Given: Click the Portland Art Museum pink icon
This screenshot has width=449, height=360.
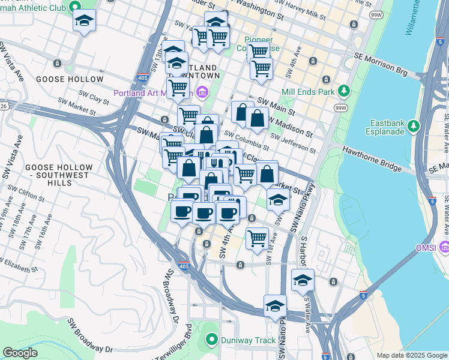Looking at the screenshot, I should (x=202, y=92).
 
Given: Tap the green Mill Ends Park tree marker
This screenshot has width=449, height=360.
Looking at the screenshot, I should (x=344, y=91).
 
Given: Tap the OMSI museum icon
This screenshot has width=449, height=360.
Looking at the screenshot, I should (x=444, y=247).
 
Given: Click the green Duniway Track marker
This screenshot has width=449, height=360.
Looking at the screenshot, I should (x=211, y=340).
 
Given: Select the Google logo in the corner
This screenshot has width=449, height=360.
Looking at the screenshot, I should (x=20, y=353).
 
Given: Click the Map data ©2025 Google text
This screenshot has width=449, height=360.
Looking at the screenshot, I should (x=411, y=355).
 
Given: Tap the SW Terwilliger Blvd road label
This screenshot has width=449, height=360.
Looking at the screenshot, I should (x=189, y=342).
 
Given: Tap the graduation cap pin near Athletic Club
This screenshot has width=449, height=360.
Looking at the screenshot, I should (x=84, y=22).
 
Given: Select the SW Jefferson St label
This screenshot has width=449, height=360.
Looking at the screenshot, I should (x=294, y=144).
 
